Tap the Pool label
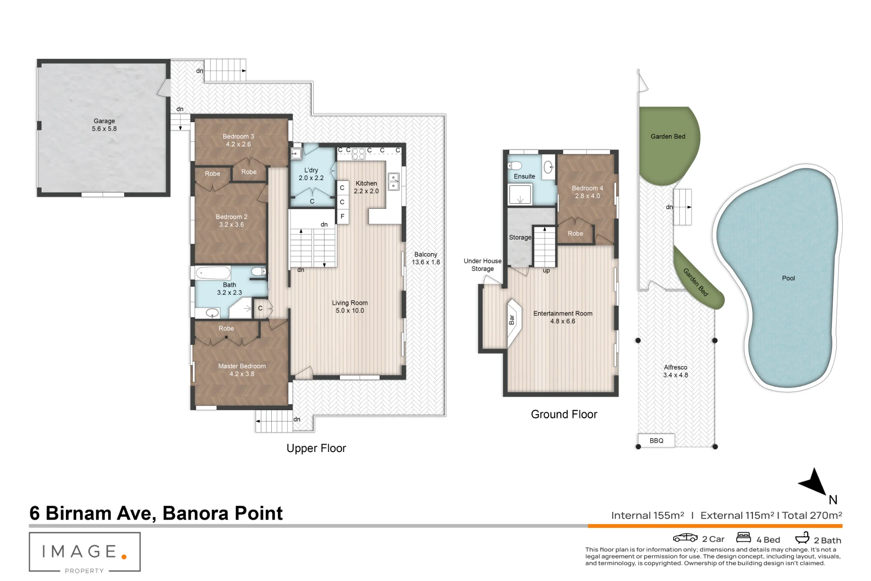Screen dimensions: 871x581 point(788,278)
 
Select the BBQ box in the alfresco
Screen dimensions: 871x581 point(656,441)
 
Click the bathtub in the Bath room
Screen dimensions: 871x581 point(213,273)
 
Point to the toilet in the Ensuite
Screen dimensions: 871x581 point(515,166)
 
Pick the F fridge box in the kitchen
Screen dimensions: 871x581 point(342,217)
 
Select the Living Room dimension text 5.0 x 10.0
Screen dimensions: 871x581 point(350,311)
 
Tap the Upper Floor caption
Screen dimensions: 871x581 point(316,448)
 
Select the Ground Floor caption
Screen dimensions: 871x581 point(564,414)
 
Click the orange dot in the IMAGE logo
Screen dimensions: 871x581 point(124,557)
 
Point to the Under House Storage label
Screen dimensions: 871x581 point(483,265)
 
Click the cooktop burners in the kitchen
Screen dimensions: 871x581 point(358,153)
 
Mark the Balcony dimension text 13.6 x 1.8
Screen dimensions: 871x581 point(426,262)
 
